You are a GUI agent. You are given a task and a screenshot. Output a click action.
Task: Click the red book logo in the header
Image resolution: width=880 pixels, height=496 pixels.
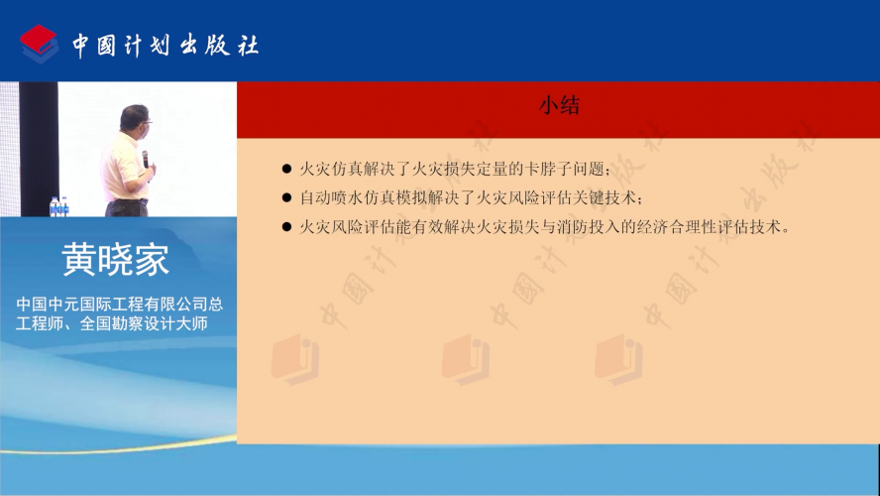(x=39, y=44)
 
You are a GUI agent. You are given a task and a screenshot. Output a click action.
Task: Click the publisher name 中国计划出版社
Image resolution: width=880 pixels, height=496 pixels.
(x=165, y=45)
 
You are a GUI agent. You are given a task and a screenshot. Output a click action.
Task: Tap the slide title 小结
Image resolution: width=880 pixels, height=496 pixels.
(x=559, y=105)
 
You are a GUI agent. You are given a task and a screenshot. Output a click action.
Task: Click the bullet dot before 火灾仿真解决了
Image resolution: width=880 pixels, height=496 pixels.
(x=286, y=169)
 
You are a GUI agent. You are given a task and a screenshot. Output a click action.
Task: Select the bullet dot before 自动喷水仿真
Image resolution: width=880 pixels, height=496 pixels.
(x=286, y=197)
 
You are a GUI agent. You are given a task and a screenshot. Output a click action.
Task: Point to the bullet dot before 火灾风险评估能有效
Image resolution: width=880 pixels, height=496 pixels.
(x=286, y=227)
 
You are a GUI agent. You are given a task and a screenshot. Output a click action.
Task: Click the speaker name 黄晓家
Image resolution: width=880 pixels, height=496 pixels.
(x=116, y=260)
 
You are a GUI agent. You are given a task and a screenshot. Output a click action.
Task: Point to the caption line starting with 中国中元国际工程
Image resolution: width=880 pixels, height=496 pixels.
(x=120, y=304)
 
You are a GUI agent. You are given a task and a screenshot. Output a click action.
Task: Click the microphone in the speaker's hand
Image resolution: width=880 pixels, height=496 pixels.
(x=146, y=160)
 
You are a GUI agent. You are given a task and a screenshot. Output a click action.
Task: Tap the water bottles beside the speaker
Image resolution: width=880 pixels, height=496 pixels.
(x=58, y=206)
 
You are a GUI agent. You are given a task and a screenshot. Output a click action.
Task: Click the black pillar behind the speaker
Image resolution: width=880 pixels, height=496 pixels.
(x=39, y=149)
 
